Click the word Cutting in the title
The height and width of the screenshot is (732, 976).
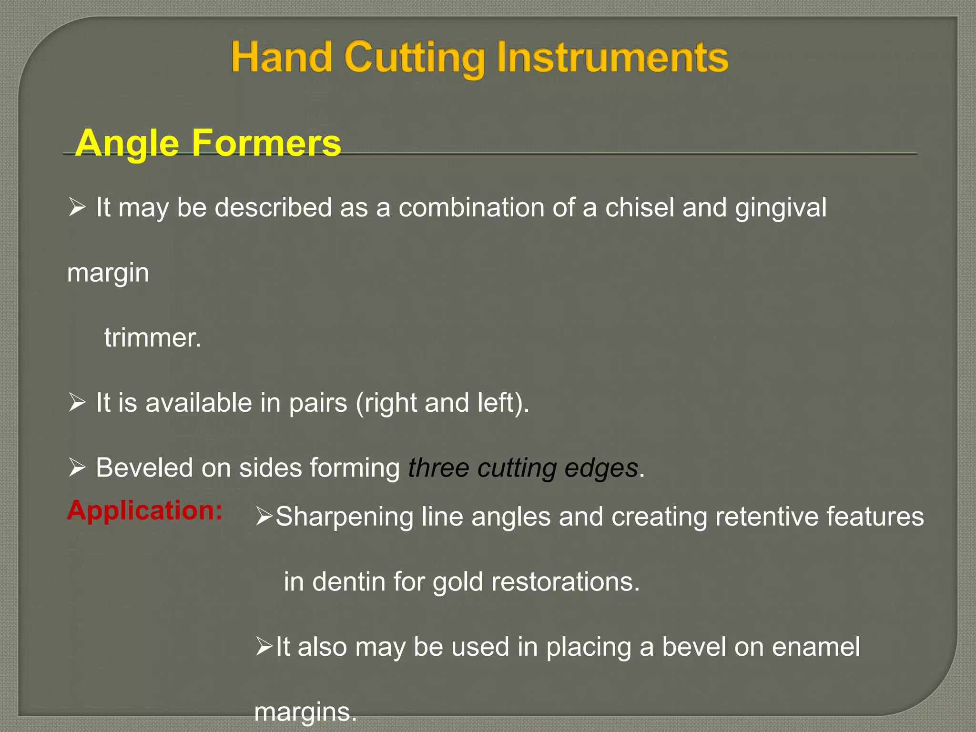pyautogui.click(x=414, y=58)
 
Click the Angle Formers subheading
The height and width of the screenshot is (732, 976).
pyautogui.click(x=208, y=142)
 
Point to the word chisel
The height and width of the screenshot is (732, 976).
pyautogui.click(x=640, y=208)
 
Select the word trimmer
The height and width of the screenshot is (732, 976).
pyautogui.click(x=152, y=338)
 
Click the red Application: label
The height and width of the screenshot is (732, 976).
pyautogui.click(x=145, y=510)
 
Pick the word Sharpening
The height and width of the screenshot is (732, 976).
pyautogui.click(x=344, y=517)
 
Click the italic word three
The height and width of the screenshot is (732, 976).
pyautogui.click(x=438, y=468)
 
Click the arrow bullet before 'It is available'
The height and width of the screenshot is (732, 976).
pyautogui.click(x=76, y=403)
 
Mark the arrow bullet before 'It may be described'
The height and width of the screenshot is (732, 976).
pyautogui.click(x=76, y=207)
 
